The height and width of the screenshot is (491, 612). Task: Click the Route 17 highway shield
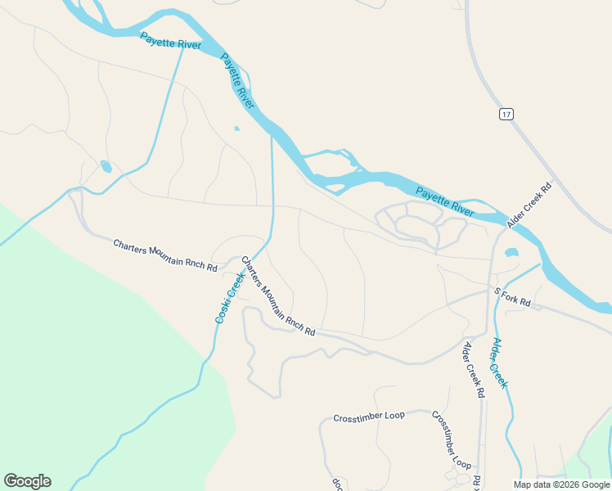(507, 114)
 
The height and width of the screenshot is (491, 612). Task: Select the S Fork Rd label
(512, 298)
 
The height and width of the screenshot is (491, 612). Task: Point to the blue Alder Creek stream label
(500, 363)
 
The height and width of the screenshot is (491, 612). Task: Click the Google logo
(27, 481)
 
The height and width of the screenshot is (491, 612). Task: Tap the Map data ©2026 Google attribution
(561, 484)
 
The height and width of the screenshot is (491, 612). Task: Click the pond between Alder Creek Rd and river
(512, 252)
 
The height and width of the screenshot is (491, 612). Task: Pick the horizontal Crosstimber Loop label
(369, 417)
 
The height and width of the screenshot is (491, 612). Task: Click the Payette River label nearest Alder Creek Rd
(444, 202)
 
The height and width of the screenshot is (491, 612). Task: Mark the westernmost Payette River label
(170, 41)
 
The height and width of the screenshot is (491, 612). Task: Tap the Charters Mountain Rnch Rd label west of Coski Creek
(164, 255)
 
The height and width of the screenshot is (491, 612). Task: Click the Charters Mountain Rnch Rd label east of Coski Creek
(277, 296)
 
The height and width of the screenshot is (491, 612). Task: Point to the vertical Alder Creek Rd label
(473, 369)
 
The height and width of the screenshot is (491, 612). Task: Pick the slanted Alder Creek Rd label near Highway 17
(529, 205)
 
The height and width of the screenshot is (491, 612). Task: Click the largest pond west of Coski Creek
(106, 167)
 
